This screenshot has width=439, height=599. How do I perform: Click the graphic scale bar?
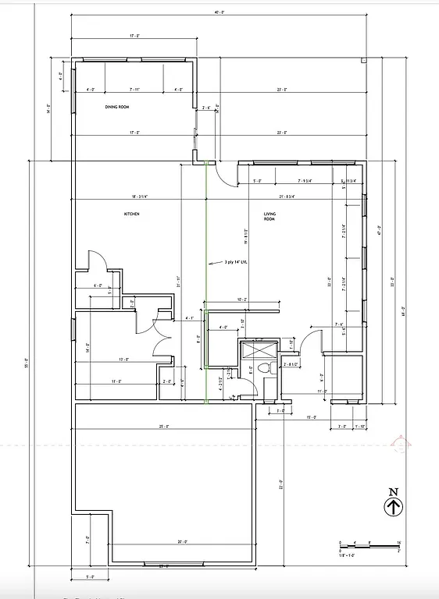[370, 544]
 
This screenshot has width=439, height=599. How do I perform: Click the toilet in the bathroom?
[263, 368]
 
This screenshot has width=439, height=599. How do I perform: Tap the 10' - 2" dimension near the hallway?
[240, 299]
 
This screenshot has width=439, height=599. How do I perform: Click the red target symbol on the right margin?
[402, 445]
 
